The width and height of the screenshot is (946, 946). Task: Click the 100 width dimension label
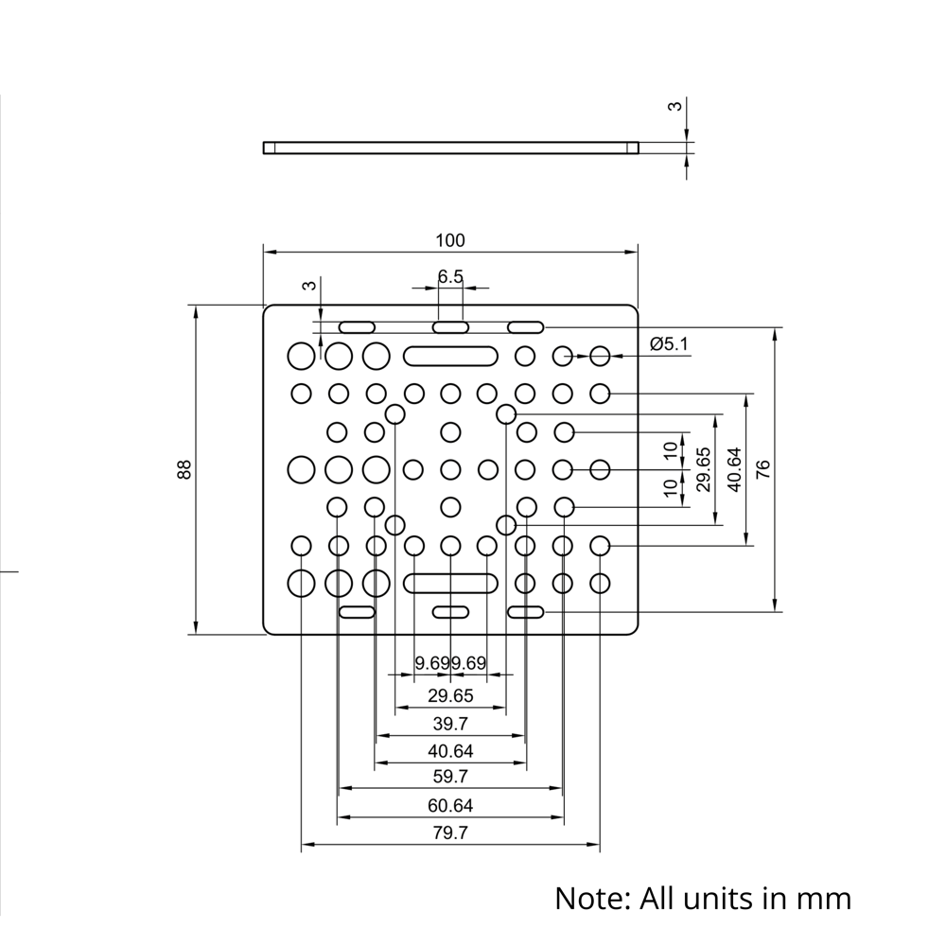[x=450, y=240]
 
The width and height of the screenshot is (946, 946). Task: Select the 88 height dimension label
[x=184, y=469]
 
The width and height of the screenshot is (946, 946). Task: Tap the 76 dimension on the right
[x=763, y=469]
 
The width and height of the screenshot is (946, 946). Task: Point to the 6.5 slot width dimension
[x=450, y=276]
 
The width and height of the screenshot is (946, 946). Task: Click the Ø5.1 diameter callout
[x=670, y=344]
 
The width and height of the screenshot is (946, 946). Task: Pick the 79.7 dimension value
[x=450, y=833]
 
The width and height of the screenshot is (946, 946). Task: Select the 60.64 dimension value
[x=450, y=805]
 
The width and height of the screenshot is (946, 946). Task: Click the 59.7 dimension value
[x=450, y=777]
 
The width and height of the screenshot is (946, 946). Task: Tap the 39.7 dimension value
[x=450, y=725]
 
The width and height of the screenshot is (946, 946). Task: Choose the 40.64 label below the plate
[x=450, y=751]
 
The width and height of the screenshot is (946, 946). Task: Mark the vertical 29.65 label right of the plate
[x=702, y=469]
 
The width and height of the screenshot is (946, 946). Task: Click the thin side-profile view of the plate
[x=450, y=147]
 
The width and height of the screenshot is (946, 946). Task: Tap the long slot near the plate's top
[x=451, y=356]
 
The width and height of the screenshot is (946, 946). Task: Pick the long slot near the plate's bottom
[x=451, y=582]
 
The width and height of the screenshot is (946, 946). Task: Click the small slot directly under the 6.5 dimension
[x=451, y=327]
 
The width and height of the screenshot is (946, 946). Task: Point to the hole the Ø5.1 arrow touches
[x=600, y=356]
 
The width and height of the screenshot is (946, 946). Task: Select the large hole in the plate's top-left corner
[x=301, y=356]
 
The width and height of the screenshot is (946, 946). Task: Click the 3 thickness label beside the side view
[x=674, y=107]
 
